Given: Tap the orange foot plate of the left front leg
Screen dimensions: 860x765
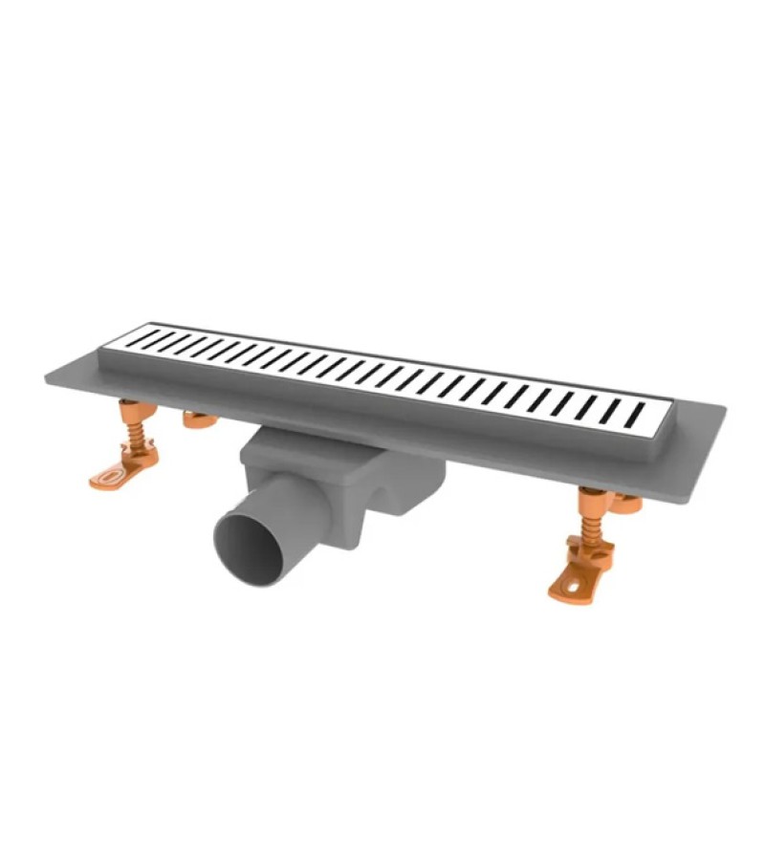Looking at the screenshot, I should [x=116, y=475].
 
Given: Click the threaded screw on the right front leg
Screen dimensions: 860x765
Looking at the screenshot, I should [x=589, y=526].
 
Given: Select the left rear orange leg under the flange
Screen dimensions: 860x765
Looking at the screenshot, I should [x=198, y=418].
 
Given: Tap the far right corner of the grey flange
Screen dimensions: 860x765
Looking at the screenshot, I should [x=722, y=409].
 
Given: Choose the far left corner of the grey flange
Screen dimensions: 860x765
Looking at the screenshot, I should [x=48, y=375].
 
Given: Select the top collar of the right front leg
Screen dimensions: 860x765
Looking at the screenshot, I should [x=590, y=495].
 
